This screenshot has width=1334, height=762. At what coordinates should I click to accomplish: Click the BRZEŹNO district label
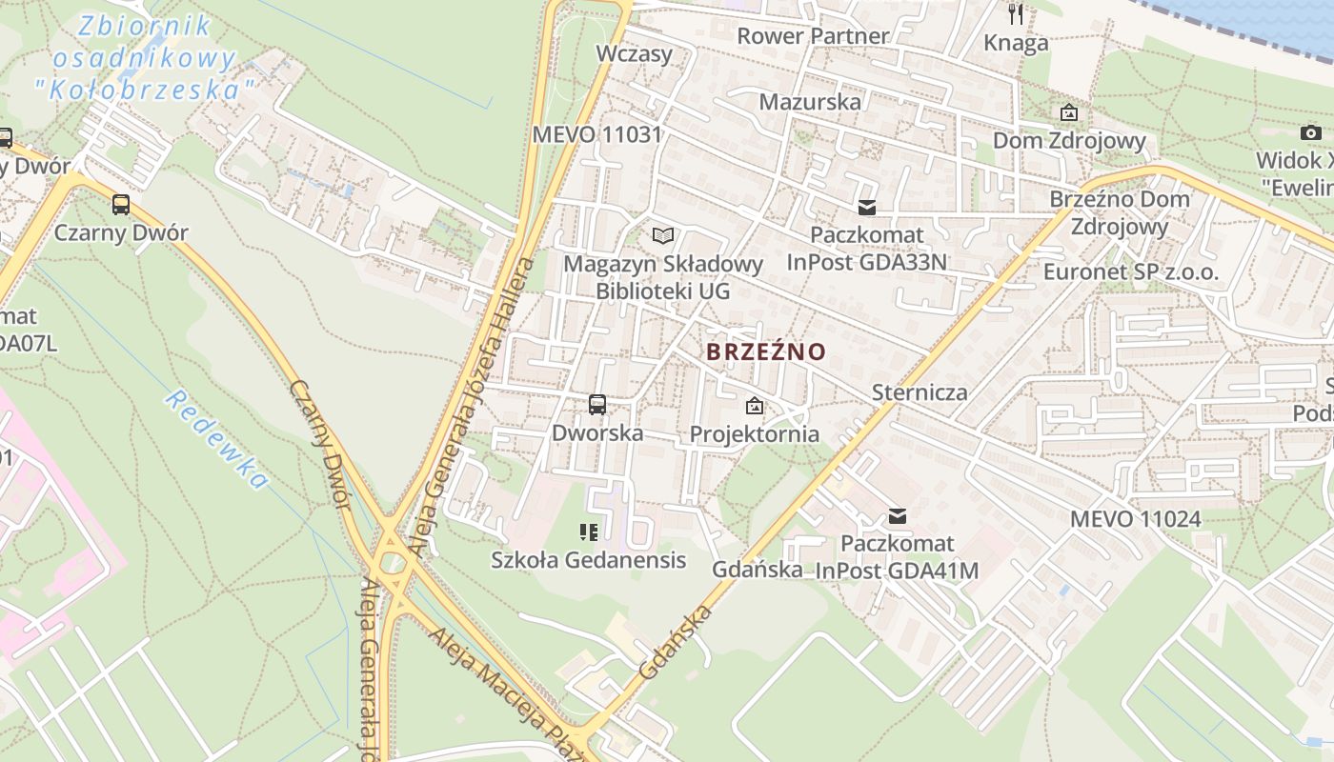tap(766, 351)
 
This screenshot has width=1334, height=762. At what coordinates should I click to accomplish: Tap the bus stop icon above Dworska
tap(597, 405)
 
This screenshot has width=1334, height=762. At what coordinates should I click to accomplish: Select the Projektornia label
tap(754, 434)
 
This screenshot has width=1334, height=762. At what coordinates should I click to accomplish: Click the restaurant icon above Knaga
tap(1016, 14)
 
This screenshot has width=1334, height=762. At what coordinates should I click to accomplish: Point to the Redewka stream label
tap(216, 438)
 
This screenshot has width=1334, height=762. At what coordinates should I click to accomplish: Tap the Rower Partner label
tap(813, 36)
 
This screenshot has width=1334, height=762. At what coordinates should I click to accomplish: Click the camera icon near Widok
tap(1311, 132)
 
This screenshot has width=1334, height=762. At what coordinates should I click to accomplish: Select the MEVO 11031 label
tap(596, 134)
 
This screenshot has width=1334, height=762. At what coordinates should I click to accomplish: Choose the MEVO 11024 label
tap(1135, 519)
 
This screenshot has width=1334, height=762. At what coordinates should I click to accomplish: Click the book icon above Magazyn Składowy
tap(663, 235)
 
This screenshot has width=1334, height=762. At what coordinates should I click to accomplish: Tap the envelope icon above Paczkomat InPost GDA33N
tap(867, 207)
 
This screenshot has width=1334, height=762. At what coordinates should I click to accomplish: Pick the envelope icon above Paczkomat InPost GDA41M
tap(897, 516)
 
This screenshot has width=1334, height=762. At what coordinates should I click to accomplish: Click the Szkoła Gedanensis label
tap(588, 560)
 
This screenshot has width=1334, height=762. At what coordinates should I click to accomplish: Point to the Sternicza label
tap(920, 392)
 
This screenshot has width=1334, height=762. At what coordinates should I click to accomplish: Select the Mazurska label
tap(810, 102)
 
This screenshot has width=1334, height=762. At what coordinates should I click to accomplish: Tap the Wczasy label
tap(634, 53)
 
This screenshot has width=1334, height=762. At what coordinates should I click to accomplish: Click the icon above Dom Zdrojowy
tap(1069, 113)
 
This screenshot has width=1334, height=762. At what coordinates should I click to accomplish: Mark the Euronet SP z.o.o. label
tap(1130, 271)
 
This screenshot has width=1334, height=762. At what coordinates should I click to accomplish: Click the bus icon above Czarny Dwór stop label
tap(121, 204)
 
